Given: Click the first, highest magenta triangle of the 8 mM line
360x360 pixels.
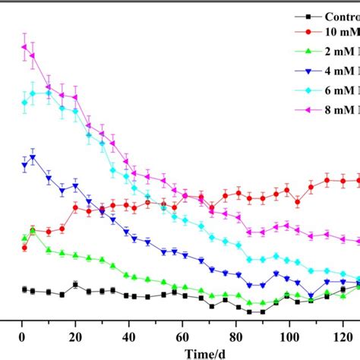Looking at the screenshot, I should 24,47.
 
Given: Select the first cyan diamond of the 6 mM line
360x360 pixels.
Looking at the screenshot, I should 24,103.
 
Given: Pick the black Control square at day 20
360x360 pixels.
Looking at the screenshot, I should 76,285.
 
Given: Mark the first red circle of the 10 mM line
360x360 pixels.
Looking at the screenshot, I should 24,247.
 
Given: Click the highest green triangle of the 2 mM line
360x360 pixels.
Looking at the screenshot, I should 33,231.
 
